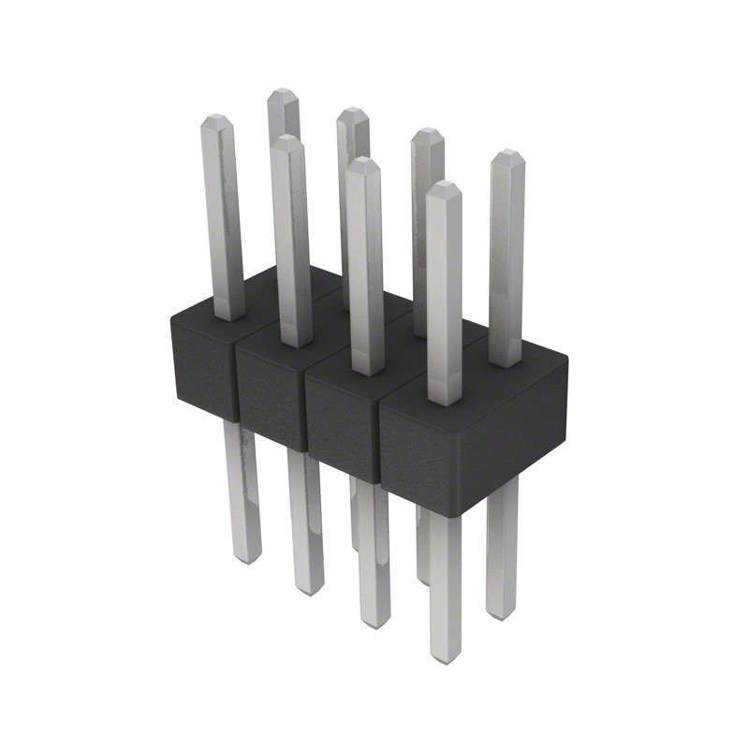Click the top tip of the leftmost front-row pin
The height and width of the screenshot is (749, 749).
[216, 120]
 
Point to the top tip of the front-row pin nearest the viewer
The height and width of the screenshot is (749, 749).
[444, 186]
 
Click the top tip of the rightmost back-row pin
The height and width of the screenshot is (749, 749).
[507, 154]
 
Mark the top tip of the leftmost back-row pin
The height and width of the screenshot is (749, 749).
[283, 94]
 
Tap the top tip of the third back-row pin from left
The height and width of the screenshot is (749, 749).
[428, 133]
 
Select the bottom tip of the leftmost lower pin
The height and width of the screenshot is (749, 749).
[246, 558]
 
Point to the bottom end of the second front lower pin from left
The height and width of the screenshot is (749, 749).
[308, 590]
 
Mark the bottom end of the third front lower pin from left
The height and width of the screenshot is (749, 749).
[374, 623]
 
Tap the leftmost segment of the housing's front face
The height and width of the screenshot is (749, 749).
[201, 370]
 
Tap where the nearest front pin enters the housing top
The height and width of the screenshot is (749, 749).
[445, 401]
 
